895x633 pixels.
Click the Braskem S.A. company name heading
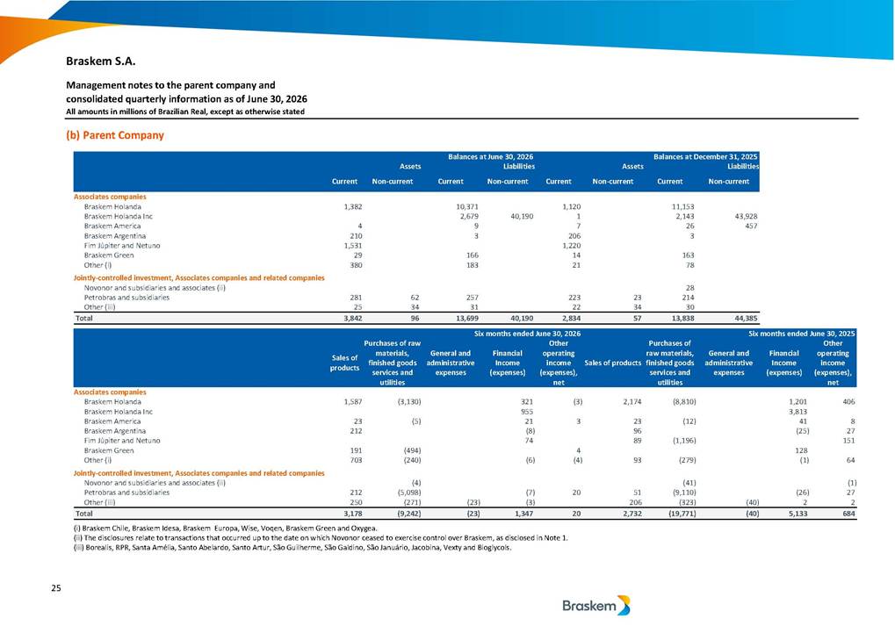click(x=100, y=61)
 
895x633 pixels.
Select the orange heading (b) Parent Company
click(x=115, y=135)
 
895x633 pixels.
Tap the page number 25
click(x=56, y=588)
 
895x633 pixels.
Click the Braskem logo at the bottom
click(x=595, y=606)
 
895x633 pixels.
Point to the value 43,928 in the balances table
click(x=747, y=216)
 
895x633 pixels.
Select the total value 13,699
click(x=467, y=319)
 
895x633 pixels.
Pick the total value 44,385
click(x=747, y=319)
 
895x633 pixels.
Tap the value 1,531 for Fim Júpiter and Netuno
click(x=356, y=246)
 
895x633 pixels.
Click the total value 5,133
click(x=798, y=514)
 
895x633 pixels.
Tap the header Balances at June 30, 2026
click(x=490, y=156)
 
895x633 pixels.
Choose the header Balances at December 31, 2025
click(x=705, y=156)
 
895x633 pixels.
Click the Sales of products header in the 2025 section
click(x=612, y=363)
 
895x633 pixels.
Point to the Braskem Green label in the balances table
click(x=108, y=255)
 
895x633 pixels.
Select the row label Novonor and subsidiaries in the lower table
click(x=155, y=483)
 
